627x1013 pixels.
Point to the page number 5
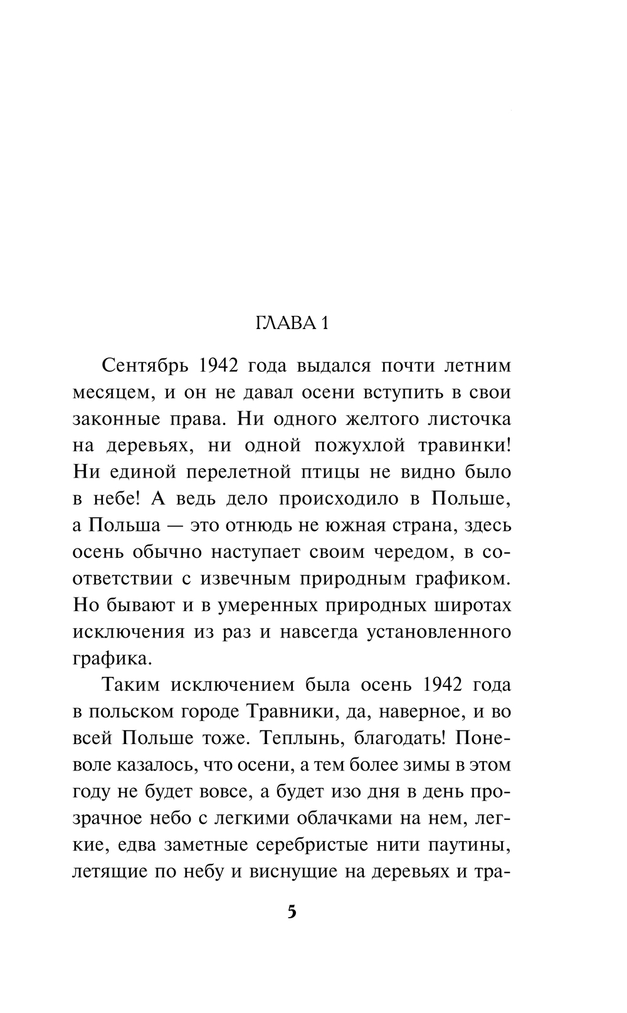(x=292, y=911)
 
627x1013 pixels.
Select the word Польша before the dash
(x=123, y=525)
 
